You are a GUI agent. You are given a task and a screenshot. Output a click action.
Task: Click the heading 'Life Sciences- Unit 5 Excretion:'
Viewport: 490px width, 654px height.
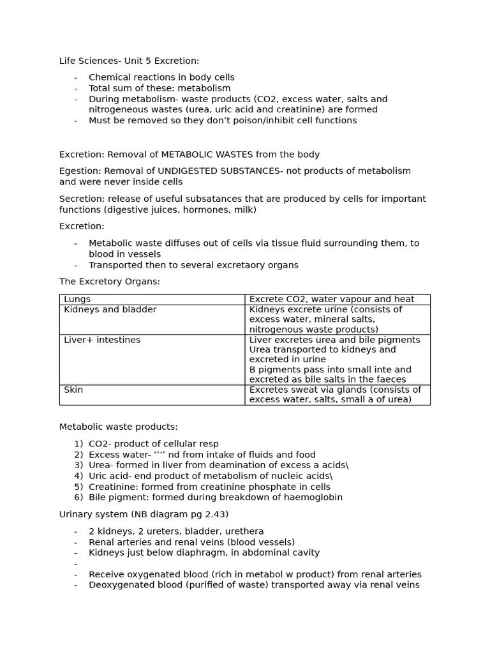[129, 61]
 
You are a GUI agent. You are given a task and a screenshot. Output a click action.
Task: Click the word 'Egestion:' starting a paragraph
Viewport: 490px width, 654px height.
[80, 171]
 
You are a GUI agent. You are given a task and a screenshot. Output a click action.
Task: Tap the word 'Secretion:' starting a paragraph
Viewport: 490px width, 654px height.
[82, 199]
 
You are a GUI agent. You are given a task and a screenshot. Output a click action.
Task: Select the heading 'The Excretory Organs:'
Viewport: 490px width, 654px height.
[110, 282]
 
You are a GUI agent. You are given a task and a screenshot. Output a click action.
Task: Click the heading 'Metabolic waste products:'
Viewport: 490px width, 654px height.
[119, 427]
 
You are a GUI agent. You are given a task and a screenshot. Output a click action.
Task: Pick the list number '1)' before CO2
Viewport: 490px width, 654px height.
[78, 444]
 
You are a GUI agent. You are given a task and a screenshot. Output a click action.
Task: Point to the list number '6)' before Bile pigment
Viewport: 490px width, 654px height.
[78, 498]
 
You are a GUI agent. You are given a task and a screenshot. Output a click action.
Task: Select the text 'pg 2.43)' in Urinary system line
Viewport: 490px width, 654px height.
[209, 514]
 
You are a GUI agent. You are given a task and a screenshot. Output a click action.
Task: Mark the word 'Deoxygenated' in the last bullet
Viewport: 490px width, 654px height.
[119, 584]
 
